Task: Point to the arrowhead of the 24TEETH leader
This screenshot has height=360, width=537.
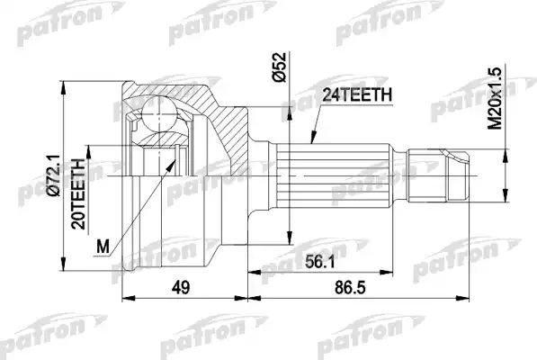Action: pos(309,143)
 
